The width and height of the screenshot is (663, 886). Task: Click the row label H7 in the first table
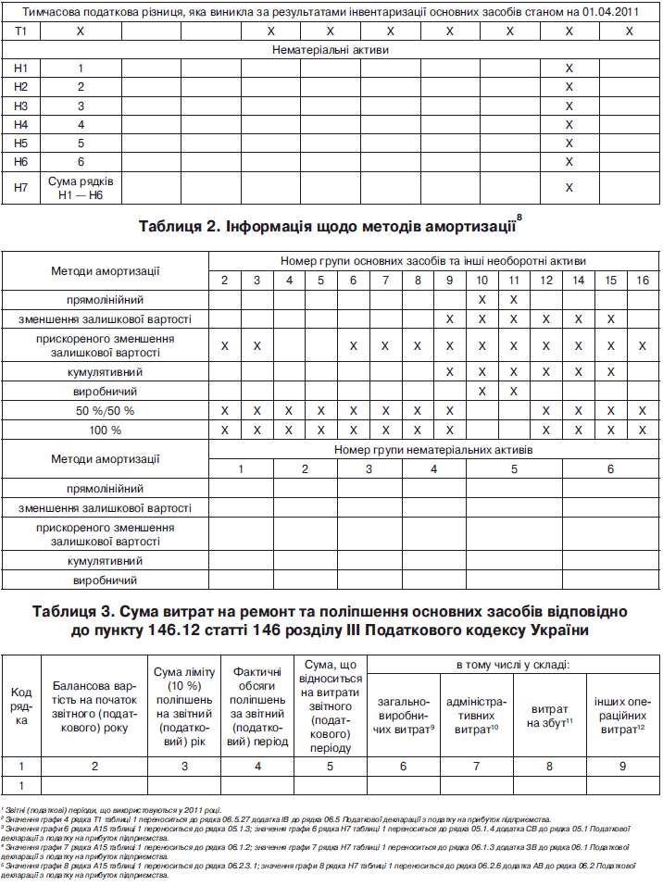[x=21, y=187]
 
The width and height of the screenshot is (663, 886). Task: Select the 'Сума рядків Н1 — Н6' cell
[x=81, y=187]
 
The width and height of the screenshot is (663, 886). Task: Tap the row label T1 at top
[x=21, y=31]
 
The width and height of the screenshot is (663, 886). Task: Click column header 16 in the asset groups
[x=642, y=280]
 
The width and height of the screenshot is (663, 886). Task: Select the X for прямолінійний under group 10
[x=482, y=299]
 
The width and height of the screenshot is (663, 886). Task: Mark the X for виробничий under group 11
[x=512, y=392]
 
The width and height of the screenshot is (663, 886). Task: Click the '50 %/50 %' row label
[x=105, y=410]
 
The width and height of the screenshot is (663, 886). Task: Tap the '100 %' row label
[x=105, y=430]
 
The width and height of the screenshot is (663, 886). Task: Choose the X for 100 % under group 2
[x=224, y=430]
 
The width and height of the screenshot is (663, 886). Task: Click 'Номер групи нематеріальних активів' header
[x=433, y=450]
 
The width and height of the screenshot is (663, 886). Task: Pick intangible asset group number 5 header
[x=514, y=469]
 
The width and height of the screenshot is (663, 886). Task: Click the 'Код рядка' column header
[x=21, y=706]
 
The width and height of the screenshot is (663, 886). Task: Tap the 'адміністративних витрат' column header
[x=477, y=713]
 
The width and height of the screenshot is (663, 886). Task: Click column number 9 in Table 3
[x=621, y=766]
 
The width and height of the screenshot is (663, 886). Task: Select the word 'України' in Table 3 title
[x=546, y=631]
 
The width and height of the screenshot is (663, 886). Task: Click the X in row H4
[x=569, y=124]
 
